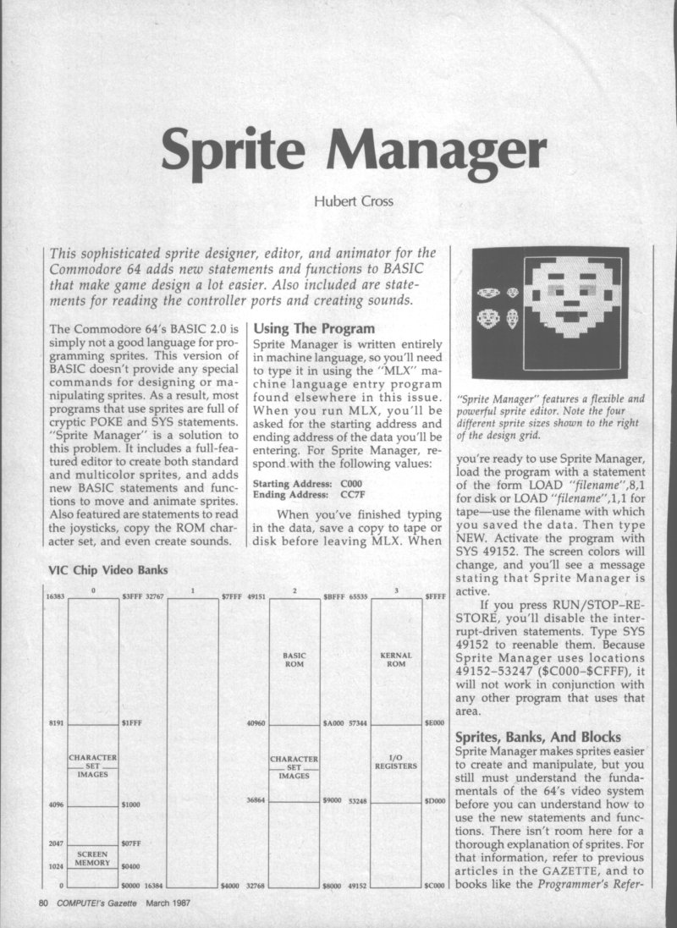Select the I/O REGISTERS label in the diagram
tap(397, 763)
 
